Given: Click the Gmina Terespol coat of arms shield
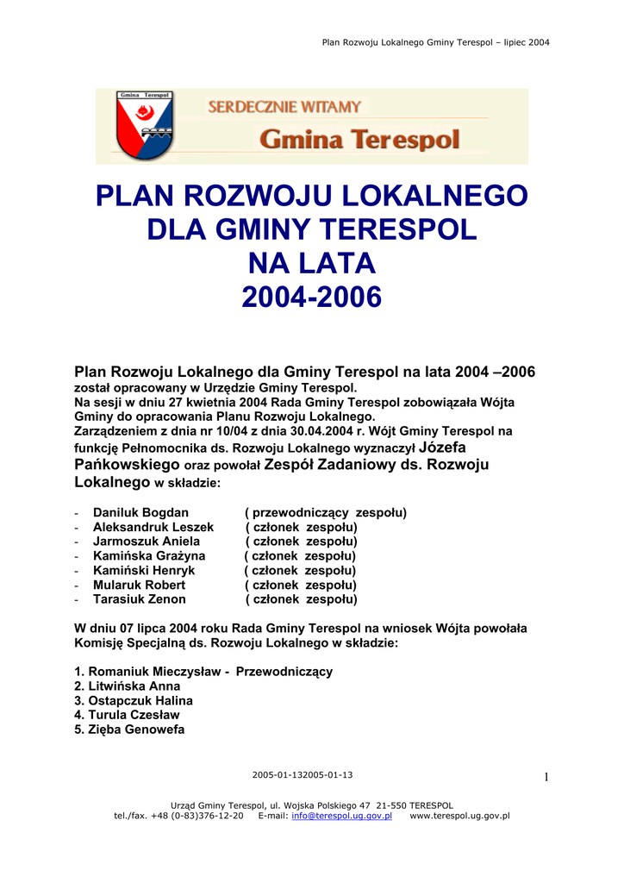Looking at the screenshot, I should click(x=145, y=126).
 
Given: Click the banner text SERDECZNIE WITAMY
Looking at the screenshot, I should click(x=284, y=107).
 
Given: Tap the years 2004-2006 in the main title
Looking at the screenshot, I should click(x=311, y=297).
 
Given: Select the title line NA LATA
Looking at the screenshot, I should click(x=311, y=262).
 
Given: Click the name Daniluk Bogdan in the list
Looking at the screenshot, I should click(x=140, y=513).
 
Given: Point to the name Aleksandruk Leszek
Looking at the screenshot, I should click(x=153, y=527).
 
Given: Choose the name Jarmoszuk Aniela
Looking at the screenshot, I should click(x=147, y=542).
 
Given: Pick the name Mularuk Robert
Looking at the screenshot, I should click(x=139, y=585).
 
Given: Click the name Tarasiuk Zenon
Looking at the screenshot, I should click(x=140, y=599).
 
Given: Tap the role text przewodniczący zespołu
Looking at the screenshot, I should click(x=328, y=513).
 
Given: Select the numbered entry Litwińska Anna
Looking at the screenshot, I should click(x=128, y=686).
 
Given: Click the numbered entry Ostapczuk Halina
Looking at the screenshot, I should click(x=134, y=701).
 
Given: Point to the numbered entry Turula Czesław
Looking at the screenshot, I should click(x=128, y=715).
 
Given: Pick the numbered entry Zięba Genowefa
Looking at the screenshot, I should click(x=130, y=730).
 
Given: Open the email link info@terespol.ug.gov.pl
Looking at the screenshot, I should click(x=342, y=816).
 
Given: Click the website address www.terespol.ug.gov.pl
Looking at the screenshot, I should click(x=459, y=816).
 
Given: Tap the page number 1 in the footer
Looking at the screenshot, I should click(x=546, y=778).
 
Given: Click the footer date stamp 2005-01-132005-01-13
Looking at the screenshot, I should click(x=302, y=774).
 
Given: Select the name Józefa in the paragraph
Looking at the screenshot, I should click(x=441, y=448).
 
